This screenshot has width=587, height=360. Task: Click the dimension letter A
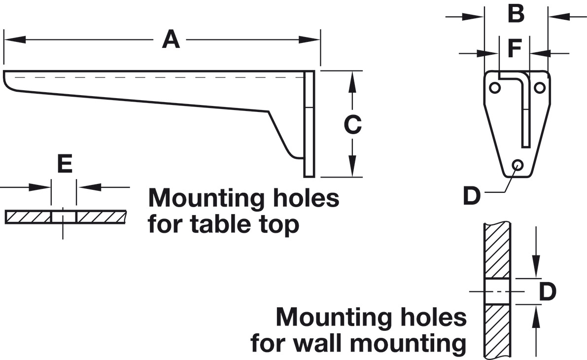171,39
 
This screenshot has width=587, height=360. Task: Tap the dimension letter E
65,163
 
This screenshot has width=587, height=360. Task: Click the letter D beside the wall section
547,291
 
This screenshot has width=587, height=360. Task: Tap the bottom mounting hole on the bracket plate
518,165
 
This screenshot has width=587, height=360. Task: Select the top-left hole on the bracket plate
495,88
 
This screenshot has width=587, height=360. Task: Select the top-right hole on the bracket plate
539,88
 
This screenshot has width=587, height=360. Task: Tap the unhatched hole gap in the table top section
64,217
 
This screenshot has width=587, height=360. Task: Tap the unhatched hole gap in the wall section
497,291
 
